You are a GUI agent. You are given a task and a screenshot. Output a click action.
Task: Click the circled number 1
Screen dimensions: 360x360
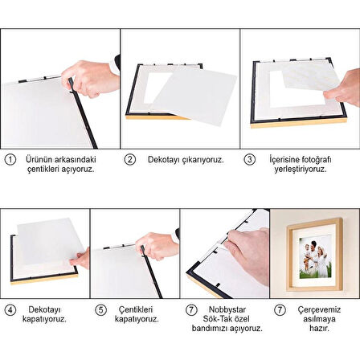(x=10, y=160)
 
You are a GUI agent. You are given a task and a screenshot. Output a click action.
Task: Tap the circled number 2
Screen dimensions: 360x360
(x=130, y=160)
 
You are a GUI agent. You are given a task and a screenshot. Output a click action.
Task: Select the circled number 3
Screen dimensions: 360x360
(x=250, y=160)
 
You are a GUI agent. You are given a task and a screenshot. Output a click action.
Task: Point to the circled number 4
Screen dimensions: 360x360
(x=10, y=309)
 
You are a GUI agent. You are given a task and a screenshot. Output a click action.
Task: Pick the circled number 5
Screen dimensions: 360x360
(x=100, y=309)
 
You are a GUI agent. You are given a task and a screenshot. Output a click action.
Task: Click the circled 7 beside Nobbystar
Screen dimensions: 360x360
(x=190, y=309)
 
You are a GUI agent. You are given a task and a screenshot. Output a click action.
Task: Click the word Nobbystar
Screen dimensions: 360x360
(x=226, y=309)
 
